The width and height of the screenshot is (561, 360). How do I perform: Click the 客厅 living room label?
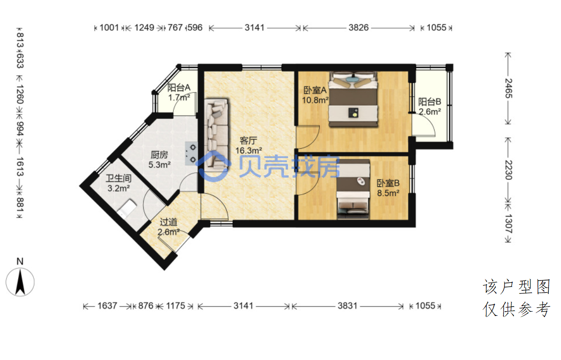tap(248, 141)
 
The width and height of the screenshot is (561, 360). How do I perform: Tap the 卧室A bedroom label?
tap(315, 90)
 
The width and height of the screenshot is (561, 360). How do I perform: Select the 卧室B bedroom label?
tap(388, 183)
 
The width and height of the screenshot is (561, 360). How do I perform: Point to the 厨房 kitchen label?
tap(159, 155)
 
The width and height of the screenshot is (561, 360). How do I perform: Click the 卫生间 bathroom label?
tap(119, 178)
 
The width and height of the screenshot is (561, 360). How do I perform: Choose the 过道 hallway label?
tap(169, 222)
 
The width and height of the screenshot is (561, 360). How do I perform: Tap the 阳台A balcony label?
tap(179, 88)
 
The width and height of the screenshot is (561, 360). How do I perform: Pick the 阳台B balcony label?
tap(430, 102)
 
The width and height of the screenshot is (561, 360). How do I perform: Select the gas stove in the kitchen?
tap(191, 153)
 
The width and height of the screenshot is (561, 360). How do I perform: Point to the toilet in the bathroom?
tap(127, 208)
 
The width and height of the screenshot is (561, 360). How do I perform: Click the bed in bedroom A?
tap(353, 99)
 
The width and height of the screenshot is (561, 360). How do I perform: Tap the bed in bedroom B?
tap(353, 189)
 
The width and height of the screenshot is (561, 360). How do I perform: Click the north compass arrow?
tap(20, 282)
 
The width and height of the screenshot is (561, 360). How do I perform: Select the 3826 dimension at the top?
tap(359, 27)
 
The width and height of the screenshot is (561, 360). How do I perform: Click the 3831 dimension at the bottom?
tap(347, 306)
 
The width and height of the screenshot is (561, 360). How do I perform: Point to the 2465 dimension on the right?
tap(508, 88)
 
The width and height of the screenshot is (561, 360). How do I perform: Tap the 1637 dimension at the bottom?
tap(107, 306)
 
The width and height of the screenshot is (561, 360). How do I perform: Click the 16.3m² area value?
tap(249, 151)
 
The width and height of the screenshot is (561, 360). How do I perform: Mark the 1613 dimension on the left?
tap(20, 167)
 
